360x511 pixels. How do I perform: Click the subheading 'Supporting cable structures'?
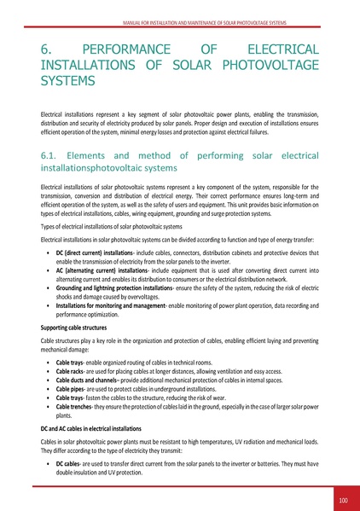[x=78, y=327]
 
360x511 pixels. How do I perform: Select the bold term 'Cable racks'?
[x=71, y=372]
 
